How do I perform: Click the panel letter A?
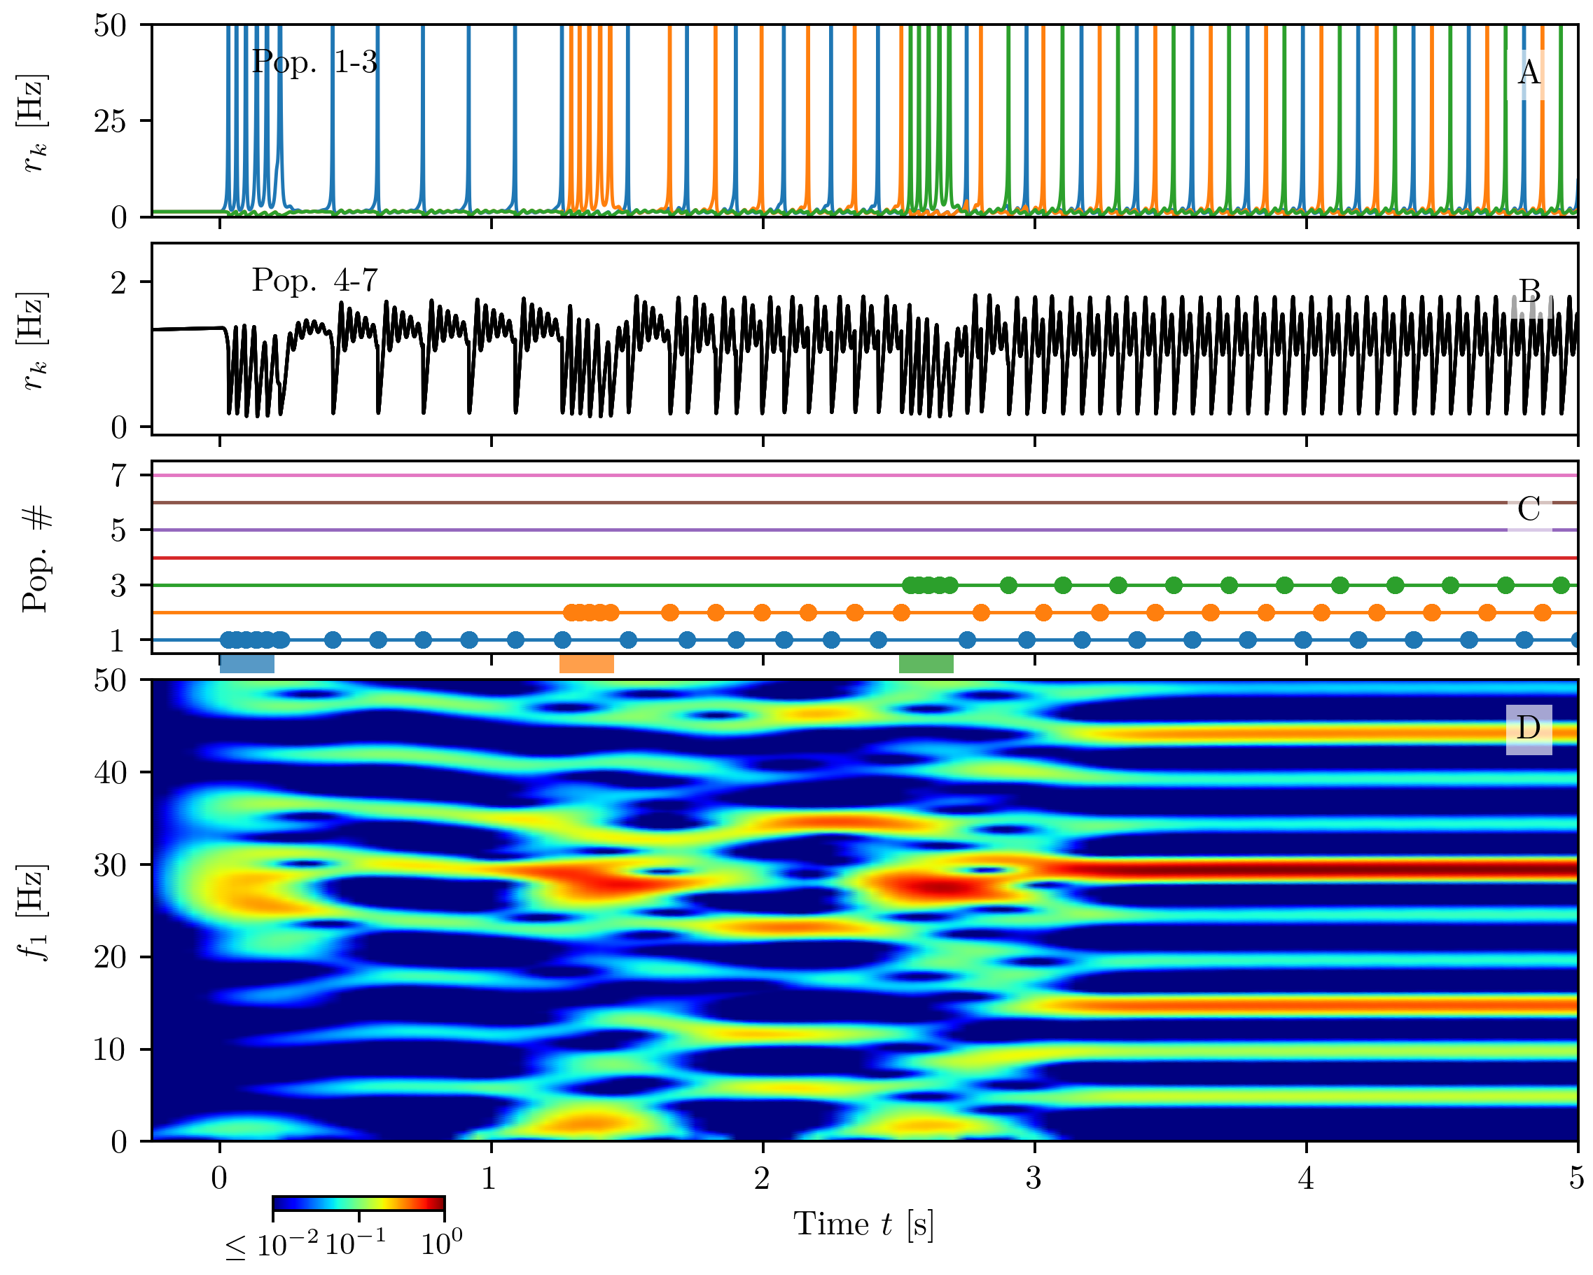[x=1529, y=73]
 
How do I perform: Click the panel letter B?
[x=1529, y=291]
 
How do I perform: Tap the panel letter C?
[x=1529, y=509]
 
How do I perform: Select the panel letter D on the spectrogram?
[x=1529, y=728]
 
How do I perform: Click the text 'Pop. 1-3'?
[x=315, y=62]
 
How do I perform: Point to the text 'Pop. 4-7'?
[x=315, y=280]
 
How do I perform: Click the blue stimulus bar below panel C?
[x=247, y=663]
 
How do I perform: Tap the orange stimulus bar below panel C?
[x=587, y=663]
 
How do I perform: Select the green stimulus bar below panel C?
[x=926, y=663]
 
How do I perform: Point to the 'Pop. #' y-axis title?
[x=36, y=558]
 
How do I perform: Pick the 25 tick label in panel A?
[x=110, y=120]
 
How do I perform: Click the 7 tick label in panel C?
[x=119, y=475]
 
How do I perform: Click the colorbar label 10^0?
[x=442, y=1245]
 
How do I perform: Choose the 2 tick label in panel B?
[x=119, y=282]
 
